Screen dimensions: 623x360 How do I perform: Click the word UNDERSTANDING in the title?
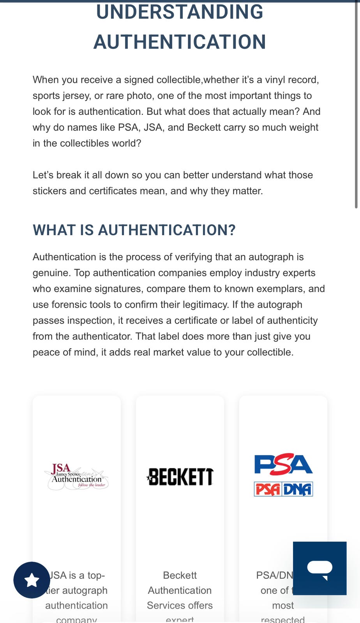tap(180, 12)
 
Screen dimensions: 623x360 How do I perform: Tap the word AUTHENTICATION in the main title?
tap(180, 42)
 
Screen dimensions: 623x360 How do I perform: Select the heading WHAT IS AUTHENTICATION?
tap(134, 230)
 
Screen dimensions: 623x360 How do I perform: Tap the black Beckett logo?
tap(180, 477)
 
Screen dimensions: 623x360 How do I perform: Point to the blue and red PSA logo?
tap(283, 465)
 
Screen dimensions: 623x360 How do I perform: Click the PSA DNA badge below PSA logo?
tap(283, 489)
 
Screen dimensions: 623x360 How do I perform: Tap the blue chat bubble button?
tap(319, 568)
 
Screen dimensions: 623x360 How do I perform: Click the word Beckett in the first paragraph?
tap(204, 127)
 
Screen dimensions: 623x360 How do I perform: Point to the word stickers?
tap(49, 191)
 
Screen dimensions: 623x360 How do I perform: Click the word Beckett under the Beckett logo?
tap(180, 575)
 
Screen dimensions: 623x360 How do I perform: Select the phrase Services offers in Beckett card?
tap(180, 605)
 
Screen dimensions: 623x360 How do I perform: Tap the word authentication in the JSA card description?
tap(76, 605)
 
